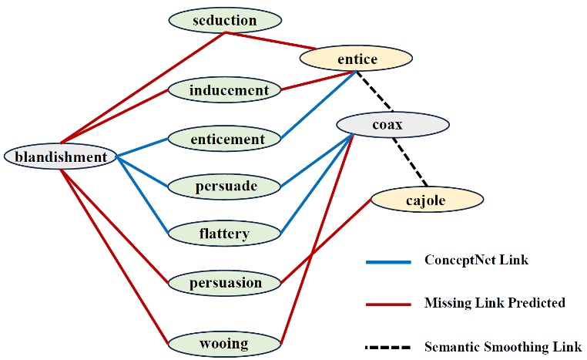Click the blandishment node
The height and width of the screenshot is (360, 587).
60,157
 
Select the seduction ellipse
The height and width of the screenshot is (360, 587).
224,20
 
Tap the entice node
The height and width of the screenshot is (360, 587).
356,59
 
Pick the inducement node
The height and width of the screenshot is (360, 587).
224,90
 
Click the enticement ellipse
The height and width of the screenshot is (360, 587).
224,139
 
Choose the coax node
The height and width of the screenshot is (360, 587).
392,124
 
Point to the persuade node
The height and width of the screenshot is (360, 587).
224,186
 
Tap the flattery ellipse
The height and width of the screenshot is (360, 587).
224,234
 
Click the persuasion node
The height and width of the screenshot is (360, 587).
224,282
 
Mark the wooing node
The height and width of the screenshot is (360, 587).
224,342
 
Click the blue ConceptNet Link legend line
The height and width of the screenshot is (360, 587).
390,261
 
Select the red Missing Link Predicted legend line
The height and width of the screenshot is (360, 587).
390,304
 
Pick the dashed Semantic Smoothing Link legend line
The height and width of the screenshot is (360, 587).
390,347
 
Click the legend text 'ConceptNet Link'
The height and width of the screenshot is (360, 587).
476,261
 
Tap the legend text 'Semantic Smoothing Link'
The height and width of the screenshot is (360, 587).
503,347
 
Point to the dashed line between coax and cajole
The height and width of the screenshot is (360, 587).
409,163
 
